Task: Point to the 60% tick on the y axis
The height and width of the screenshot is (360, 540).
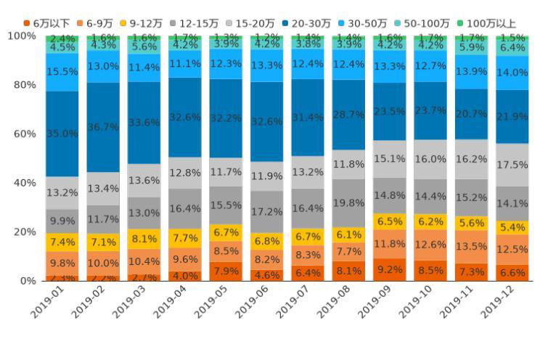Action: (x=21, y=134)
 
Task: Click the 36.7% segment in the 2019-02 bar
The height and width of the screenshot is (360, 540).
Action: (x=103, y=127)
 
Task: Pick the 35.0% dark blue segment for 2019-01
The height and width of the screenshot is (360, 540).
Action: (x=62, y=134)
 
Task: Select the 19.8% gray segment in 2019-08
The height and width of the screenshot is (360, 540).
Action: (x=348, y=202)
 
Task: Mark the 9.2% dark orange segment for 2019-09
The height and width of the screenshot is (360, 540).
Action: (x=390, y=269)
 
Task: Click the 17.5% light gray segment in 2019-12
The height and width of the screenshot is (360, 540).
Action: (x=512, y=165)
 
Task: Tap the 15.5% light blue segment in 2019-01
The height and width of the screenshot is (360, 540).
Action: (x=62, y=72)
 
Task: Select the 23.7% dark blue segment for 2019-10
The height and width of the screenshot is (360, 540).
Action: (x=430, y=110)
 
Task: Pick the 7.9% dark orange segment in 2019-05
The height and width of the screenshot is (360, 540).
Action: (x=226, y=271)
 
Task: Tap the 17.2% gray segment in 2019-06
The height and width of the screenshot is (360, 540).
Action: (x=266, y=212)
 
